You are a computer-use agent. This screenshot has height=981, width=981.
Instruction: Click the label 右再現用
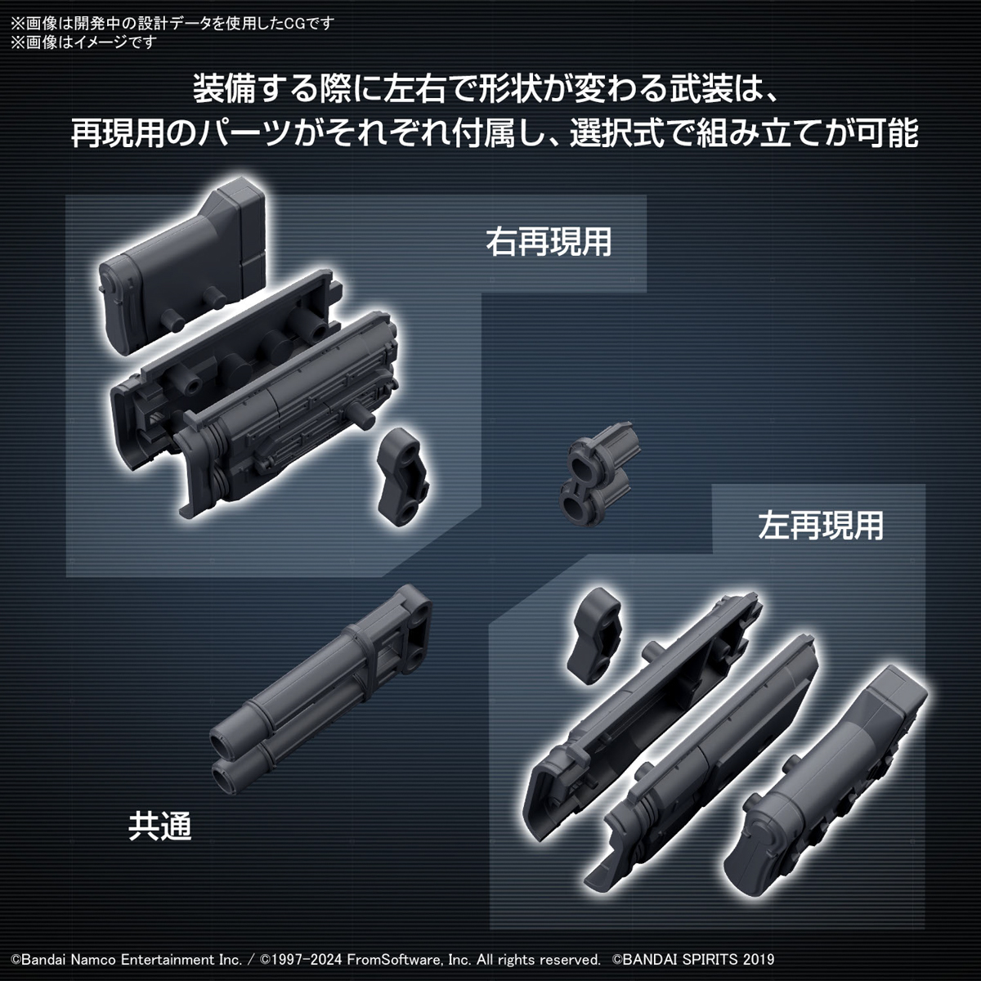(549, 242)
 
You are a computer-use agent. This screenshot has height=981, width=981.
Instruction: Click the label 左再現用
(821, 526)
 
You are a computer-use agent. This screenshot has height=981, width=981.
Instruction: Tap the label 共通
(159, 826)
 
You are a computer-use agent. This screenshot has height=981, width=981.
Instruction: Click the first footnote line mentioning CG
(172, 23)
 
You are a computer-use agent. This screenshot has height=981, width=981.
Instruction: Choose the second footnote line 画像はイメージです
(82, 42)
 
